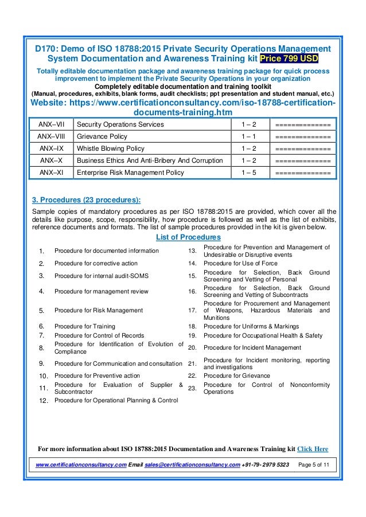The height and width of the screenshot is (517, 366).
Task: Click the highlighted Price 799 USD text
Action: coord(289,59)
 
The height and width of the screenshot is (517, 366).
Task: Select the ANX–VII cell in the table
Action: coord(50,124)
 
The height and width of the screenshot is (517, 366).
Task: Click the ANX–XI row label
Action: coord(50,173)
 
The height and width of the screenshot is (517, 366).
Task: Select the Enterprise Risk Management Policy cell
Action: coord(130,173)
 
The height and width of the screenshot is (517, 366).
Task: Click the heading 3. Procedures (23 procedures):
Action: coord(86,201)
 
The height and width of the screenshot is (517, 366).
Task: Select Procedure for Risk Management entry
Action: coord(98,310)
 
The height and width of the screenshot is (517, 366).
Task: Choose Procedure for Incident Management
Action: coord(252,347)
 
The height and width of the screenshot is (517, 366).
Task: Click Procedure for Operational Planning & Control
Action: coord(116,400)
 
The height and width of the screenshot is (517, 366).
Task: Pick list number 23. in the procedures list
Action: coord(192,388)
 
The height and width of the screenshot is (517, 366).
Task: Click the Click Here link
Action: coord(313,449)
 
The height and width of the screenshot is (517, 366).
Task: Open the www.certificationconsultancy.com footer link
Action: coord(81,463)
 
